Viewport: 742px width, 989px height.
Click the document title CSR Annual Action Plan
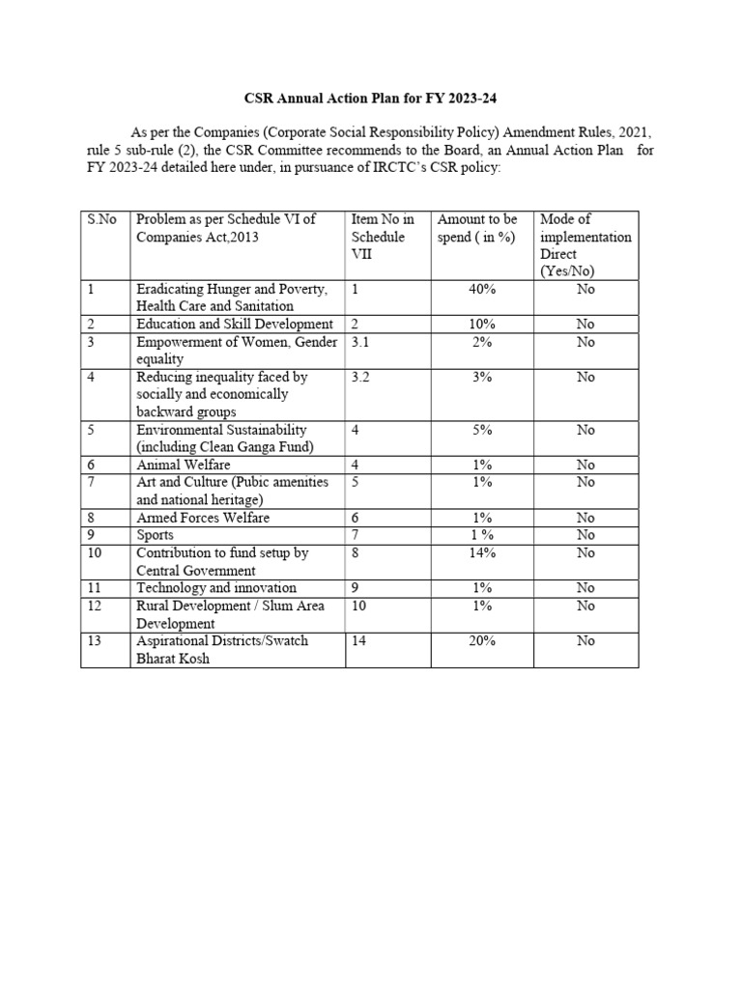(x=375, y=99)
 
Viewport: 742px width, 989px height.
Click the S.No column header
(x=101, y=219)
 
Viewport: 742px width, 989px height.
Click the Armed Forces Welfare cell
(x=203, y=518)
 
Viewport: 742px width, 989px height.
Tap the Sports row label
(x=156, y=535)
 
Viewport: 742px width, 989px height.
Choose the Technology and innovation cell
(x=216, y=587)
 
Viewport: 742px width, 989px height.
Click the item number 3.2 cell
(x=361, y=377)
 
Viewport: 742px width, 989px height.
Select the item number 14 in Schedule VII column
(x=359, y=640)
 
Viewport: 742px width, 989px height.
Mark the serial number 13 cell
(x=95, y=640)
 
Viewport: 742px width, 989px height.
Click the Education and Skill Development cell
(x=235, y=324)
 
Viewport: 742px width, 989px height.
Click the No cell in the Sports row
(x=585, y=535)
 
